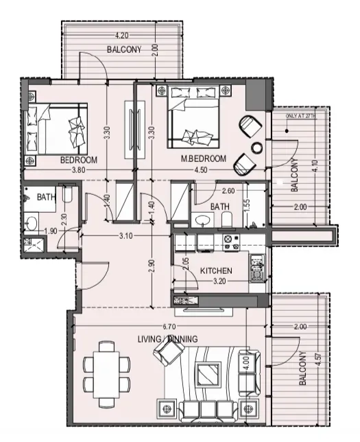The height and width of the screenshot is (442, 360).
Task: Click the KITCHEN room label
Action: coord(216,271)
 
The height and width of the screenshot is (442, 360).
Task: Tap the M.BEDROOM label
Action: coord(204,159)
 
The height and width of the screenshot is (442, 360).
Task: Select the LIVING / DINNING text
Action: coord(167,339)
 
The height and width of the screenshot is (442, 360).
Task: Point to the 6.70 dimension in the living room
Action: coord(169,327)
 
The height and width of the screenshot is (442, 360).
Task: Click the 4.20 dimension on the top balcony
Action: coord(121,36)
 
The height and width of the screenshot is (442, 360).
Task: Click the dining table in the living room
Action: coord(107,374)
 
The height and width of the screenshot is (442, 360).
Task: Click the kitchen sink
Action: coord(257,268)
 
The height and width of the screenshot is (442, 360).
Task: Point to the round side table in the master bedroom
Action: coord(257,148)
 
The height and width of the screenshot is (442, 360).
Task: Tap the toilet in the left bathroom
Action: coord(67,194)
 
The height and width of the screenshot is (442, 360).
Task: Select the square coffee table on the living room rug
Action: coord(208,375)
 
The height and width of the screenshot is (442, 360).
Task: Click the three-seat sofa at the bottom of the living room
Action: coord(208,410)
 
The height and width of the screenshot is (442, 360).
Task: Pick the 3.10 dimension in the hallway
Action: coord(125,235)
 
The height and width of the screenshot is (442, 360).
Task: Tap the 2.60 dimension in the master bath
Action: coord(228,191)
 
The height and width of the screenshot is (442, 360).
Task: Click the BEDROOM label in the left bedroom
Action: coord(79,160)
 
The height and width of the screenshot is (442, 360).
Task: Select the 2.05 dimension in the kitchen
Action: coord(186,264)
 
